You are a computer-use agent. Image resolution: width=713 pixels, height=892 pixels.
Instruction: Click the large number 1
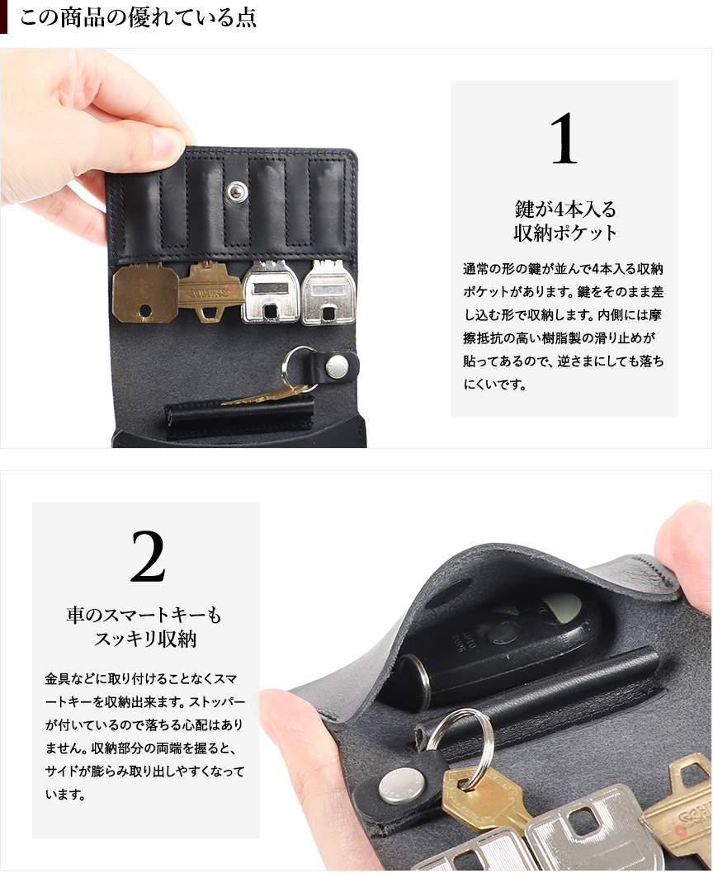pyautogui.click(x=564, y=139)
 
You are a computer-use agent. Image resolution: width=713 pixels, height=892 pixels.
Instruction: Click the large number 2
pyautogui.click(x=148, y=556)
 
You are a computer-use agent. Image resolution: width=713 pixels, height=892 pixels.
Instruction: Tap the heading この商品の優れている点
pyautogui.click(x=138, y=17)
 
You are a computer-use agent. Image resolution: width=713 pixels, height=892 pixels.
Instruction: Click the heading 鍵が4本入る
pyautogui.click(x=565, y=209)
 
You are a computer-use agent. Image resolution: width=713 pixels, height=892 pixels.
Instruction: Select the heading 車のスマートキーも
pyautogui.click(x=144, y=615)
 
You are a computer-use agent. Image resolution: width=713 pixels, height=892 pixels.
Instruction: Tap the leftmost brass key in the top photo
pyautogui.click(x=145, y=293)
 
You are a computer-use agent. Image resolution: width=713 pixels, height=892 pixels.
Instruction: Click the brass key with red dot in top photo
pyautogui.click(x=210, y=291)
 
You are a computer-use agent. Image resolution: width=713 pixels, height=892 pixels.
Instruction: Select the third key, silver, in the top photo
pyautogui.click(x=271, y=292)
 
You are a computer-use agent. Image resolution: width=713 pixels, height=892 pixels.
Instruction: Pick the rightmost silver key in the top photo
pyautogui.click(x=328, y=292)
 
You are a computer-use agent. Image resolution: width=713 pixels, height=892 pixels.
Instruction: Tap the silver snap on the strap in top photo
pyautogui.click(x=337, y=366)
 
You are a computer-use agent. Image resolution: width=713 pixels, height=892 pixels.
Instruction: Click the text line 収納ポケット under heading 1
pyautogui.click(x=565, y=233)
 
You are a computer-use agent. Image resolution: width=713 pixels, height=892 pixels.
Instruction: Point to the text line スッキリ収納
pyautogui.click(x=145, y=639)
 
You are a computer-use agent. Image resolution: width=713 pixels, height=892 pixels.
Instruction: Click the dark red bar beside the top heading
pyautogui.click(x=3, y=17)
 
